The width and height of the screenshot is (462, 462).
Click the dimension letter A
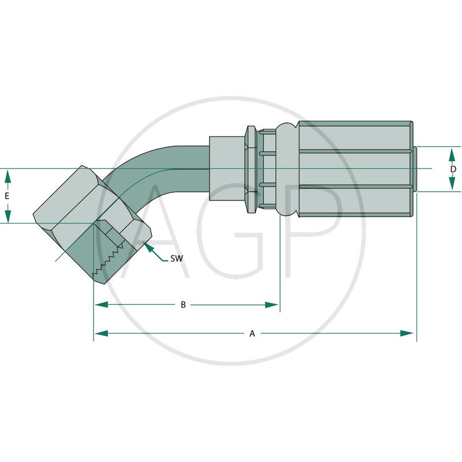point(252,334)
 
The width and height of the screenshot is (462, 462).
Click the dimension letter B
point(183,305)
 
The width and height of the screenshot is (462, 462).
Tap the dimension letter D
point(453,169)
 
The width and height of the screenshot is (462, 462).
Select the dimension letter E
point(7,196)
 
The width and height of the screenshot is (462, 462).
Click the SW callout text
point(177,259)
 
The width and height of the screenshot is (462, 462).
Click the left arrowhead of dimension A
point(101,333)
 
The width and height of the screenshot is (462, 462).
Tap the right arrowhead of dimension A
point(407,333)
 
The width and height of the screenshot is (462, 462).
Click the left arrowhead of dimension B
point(101,305)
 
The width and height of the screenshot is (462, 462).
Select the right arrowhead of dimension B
point(271,305)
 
